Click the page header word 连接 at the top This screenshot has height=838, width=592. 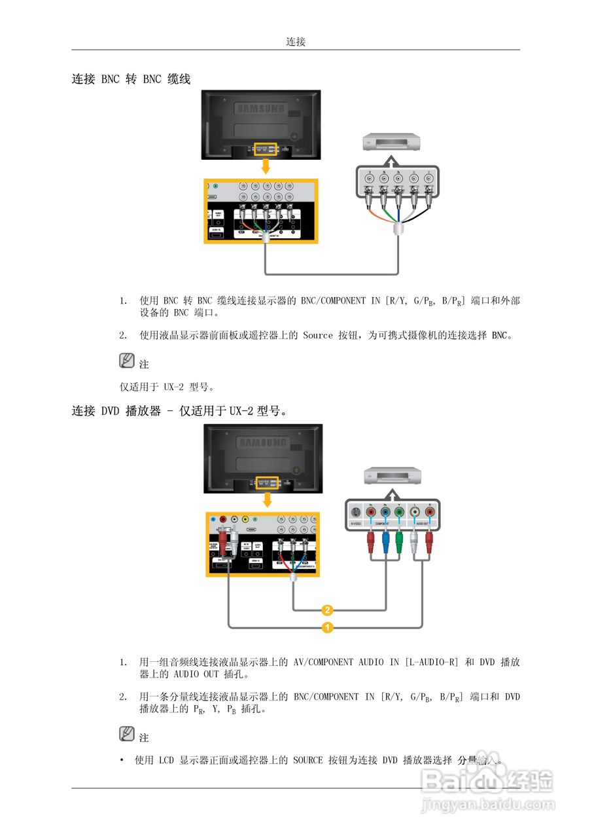coord(296,42)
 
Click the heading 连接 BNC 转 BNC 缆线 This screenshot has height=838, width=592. coord(131,79)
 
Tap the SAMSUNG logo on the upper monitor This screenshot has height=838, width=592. coord(261,109)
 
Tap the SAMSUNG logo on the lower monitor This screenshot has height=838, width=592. coord(262,443)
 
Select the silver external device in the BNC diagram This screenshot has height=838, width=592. coord(390,142)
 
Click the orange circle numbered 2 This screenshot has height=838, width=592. coord(328,610)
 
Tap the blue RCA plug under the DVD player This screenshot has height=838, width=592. coord(385,543)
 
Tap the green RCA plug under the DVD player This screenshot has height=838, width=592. coord(400,543)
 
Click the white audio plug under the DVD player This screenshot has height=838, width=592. coord(414,543)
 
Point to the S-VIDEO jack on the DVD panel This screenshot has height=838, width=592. coord(355,513)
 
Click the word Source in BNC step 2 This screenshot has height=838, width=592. coord(318,335)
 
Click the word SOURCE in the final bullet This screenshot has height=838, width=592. coord(307,761)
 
